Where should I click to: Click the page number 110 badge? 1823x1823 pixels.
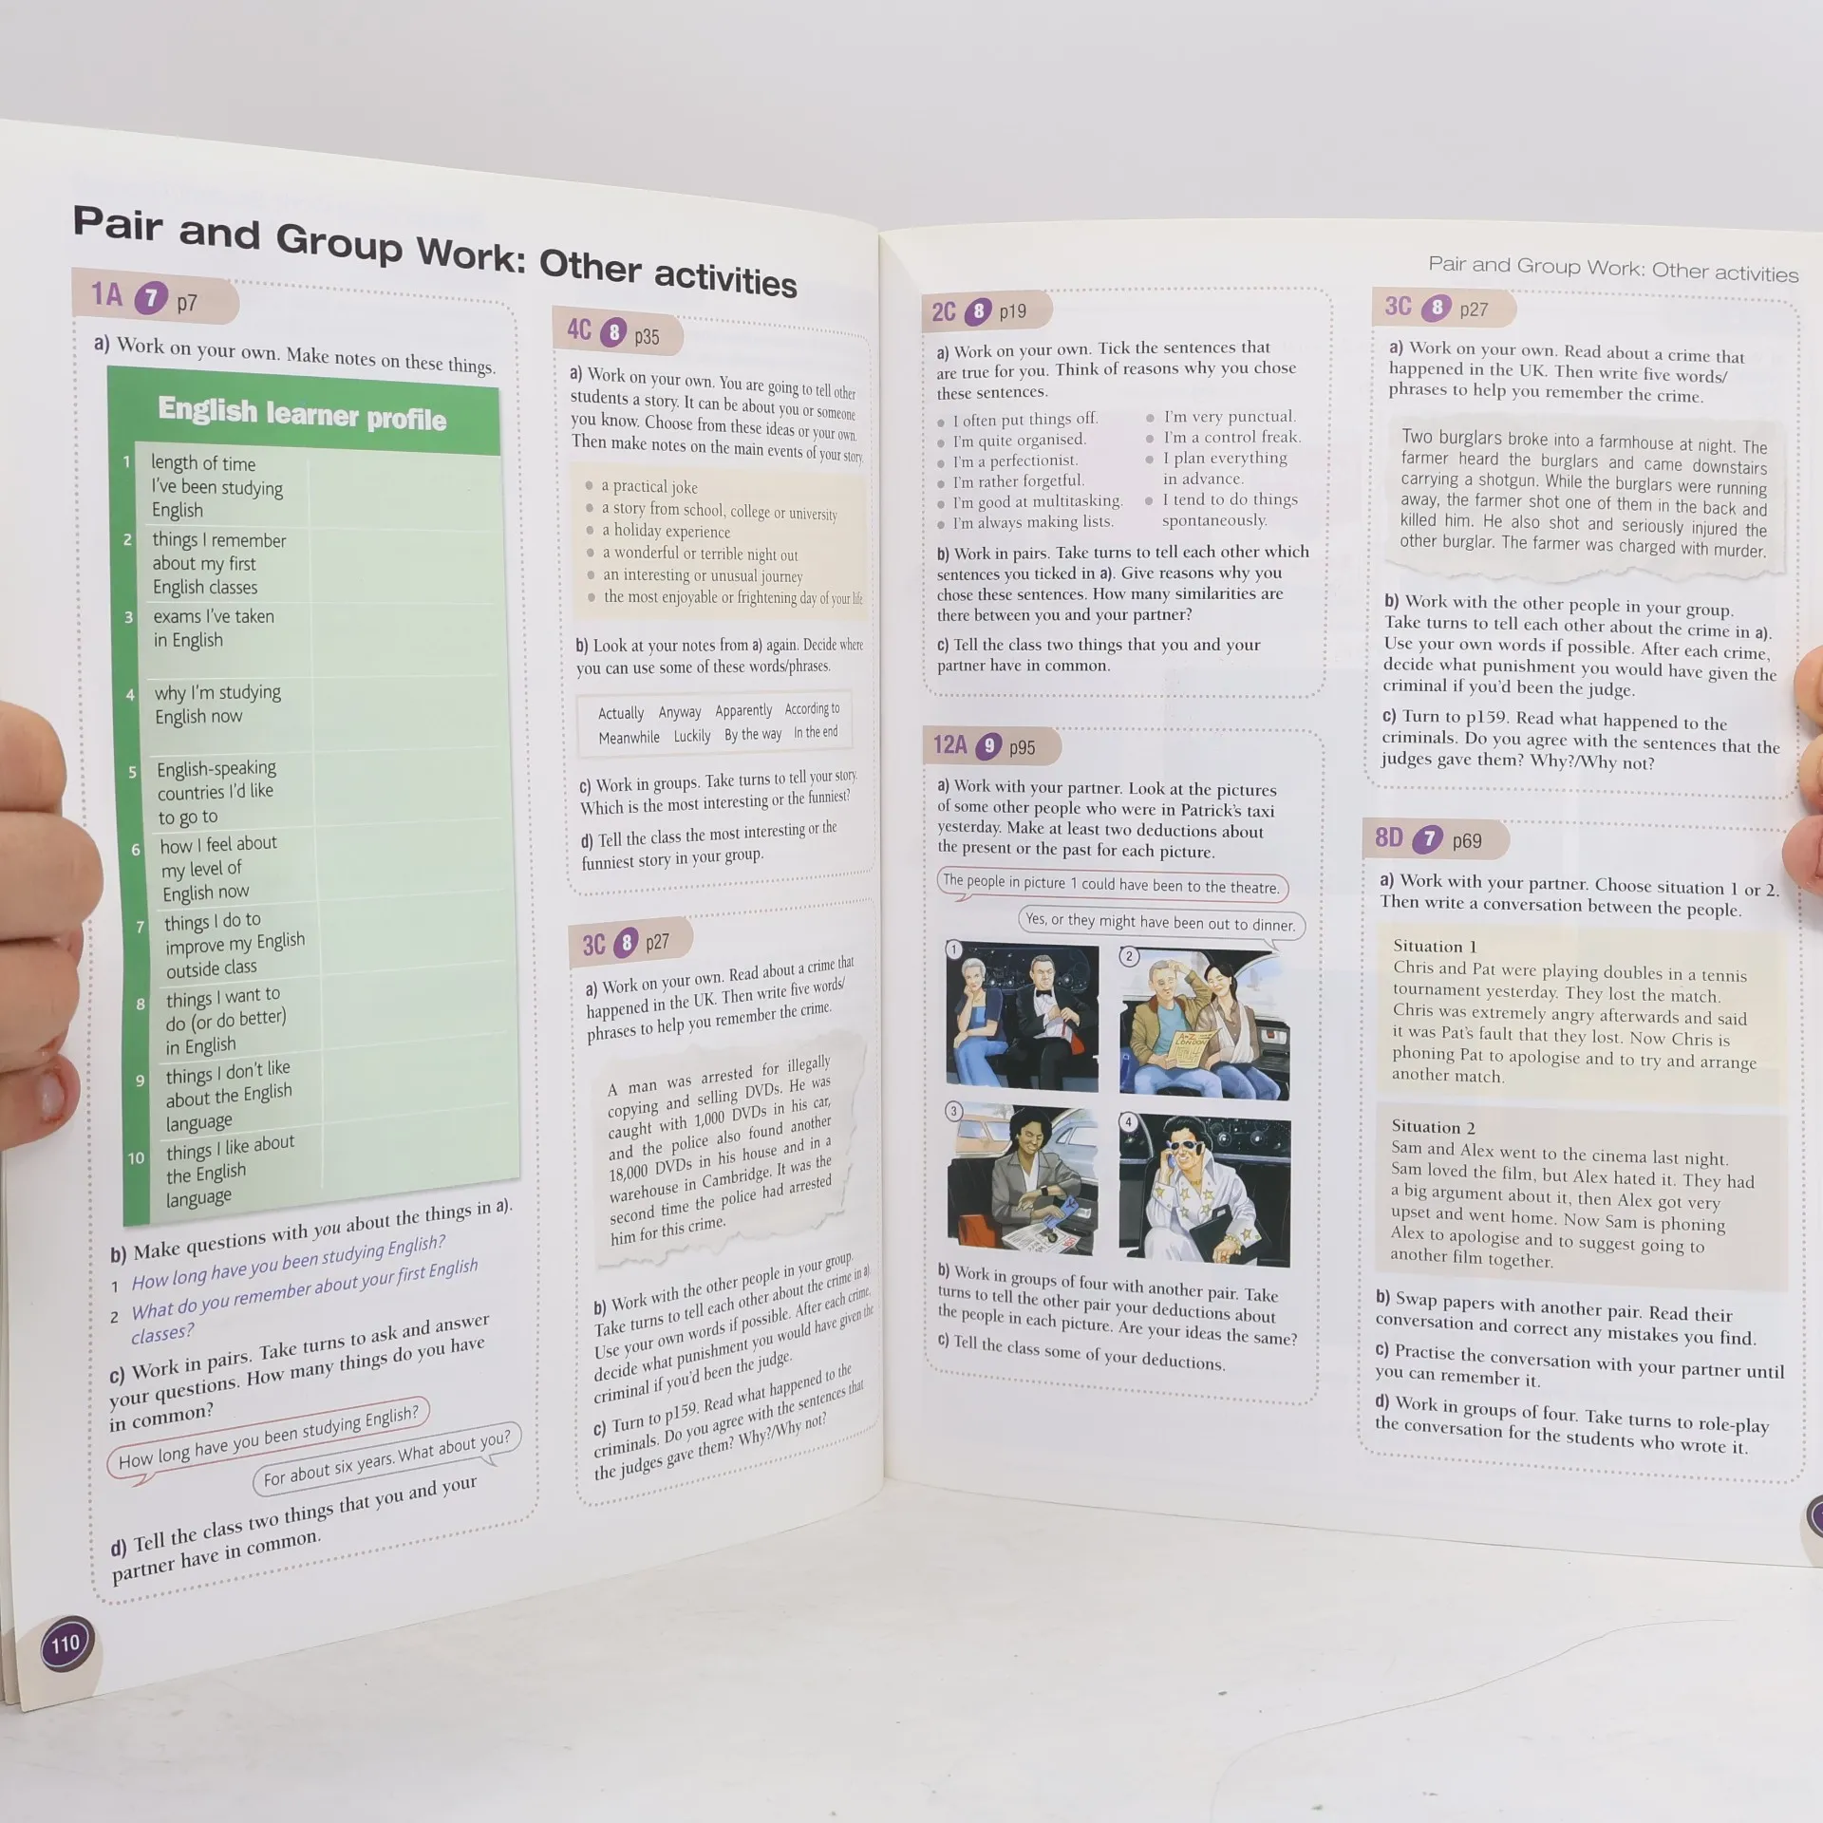point(66,1644)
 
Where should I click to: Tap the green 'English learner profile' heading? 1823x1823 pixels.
point(302,414)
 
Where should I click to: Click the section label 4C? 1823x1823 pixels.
point(579,329)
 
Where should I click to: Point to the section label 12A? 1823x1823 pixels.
point(949,743)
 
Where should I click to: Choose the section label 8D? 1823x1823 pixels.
point(1388,836)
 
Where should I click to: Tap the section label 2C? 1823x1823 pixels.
point(944,311)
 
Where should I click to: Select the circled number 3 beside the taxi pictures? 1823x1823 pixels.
point(954,1111)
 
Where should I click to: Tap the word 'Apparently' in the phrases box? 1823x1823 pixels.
point(743,711)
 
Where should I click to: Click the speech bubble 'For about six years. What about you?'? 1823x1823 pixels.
point(386,1457)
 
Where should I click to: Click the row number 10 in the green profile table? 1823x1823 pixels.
point(136,1158)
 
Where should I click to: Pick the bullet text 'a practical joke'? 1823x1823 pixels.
point(649,486)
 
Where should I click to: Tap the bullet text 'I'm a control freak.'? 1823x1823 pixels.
point(1232,437)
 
